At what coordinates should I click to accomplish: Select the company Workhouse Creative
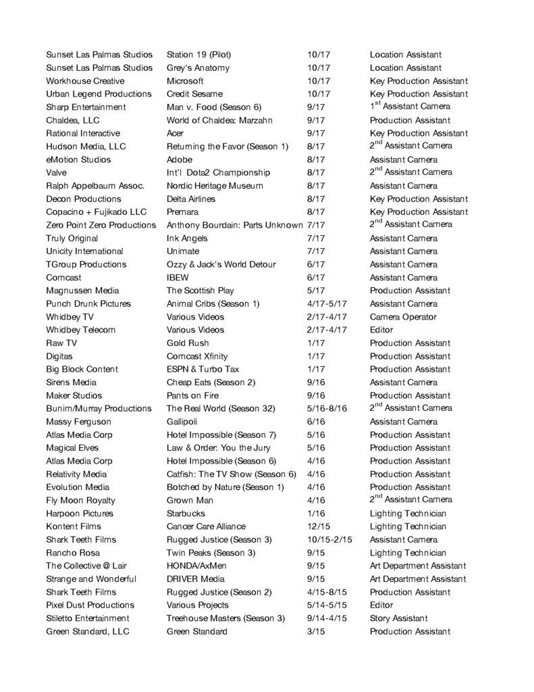[85, 81]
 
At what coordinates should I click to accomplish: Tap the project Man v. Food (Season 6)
[213, 107]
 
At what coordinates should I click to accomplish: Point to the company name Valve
[57, 173]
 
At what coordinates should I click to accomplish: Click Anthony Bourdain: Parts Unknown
[234, 225]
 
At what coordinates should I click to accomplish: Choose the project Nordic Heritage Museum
[215, 186]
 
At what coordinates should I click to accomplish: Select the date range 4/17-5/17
[327, 304]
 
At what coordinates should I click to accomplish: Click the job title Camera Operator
[403, 317]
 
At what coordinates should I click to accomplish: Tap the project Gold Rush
[188, 343]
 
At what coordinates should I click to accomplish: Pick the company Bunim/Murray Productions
[99, 409]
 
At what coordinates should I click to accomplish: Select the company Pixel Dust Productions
[90, 605]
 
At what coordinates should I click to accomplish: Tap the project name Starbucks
[186, 514]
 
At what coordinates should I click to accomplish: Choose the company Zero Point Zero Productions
[101, 225]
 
